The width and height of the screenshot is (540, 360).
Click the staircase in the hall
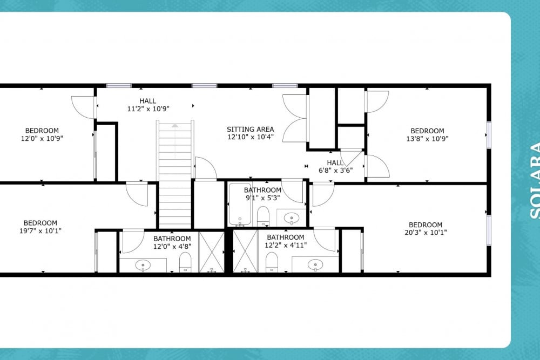coord(175,173)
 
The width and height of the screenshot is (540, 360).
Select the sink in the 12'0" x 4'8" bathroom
coord(143,264)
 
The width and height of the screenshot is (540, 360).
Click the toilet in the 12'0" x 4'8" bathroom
coord(185,263)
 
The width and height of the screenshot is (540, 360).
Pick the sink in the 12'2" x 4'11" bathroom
coord(315,264)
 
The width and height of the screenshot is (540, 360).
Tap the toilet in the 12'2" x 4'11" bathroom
coord(272,263)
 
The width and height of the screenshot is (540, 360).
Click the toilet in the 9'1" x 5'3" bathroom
coord(263,216)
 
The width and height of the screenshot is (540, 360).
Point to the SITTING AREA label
coord(250,130)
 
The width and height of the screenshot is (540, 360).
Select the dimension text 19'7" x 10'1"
coord(40,232)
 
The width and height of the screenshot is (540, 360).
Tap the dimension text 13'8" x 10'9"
coord(427,139)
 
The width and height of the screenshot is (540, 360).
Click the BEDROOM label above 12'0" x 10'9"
coord(42,131)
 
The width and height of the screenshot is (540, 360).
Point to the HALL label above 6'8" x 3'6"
coord(335,162)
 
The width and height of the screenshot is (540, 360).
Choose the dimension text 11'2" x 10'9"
coord(148,108)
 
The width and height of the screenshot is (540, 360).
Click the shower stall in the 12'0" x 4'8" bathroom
coord(212,252)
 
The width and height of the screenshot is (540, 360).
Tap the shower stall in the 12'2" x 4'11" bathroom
coord(245,252)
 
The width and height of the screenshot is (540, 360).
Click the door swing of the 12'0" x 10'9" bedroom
coord(84,107)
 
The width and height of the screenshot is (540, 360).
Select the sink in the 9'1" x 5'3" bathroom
coord(292,218)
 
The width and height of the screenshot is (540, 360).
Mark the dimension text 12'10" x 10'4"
coord(250,138)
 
